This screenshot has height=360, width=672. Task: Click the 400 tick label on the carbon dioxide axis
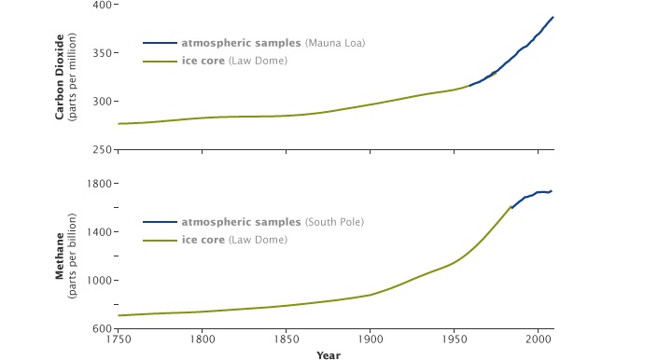click(x=102, y=6)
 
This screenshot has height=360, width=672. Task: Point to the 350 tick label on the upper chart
click(x=102, y=53)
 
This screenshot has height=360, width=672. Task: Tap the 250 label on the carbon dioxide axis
click(x=102, y=150)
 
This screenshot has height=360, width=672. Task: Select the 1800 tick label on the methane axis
click(x=99, y=184)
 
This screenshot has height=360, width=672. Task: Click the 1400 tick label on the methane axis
click(x=99, y=232)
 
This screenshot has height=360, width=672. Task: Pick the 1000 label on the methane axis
click(x=99, y=281)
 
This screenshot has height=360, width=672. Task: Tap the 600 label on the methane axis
click(x=102, y=328)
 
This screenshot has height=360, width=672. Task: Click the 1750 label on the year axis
click(x=119, y=339)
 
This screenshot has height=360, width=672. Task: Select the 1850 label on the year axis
click(x=287, y=339)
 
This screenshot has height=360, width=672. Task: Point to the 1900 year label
click(x=371, y=339)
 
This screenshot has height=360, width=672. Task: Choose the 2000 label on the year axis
click(x=539, y=339)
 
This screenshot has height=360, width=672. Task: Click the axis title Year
click(x=329, y=355)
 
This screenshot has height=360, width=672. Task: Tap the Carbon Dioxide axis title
click(x=60, y=77)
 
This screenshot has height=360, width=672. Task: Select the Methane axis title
click(x=60, y=256)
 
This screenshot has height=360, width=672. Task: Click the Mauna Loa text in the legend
click(x=335, y=43)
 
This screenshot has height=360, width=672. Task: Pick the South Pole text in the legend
click(x=334, y=222)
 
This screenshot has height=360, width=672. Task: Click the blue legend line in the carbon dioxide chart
click(x=160, y=43)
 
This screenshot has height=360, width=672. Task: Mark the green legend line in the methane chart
click(x=160, y=241)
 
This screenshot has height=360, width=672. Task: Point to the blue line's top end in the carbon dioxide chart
click(x=553, y=17)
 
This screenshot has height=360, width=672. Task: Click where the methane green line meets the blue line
click(x=511, y=207)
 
